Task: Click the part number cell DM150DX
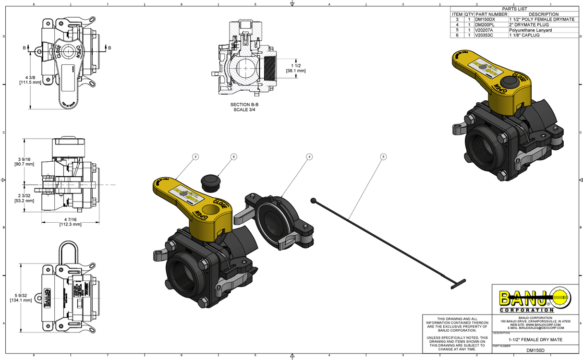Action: (484, 19)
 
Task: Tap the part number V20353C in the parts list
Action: (484, 35)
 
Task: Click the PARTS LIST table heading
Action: (515, 9)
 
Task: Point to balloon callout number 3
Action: (195, 156)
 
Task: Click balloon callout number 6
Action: (234, 156)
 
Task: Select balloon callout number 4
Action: (309, 156)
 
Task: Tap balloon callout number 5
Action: (383, 156)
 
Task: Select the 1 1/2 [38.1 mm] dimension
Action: (296, 68)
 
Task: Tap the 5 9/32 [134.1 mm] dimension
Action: (21, 298)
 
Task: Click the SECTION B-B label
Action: (244, 104)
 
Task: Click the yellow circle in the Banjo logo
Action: (559, 298)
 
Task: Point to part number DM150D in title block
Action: (535, 350)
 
